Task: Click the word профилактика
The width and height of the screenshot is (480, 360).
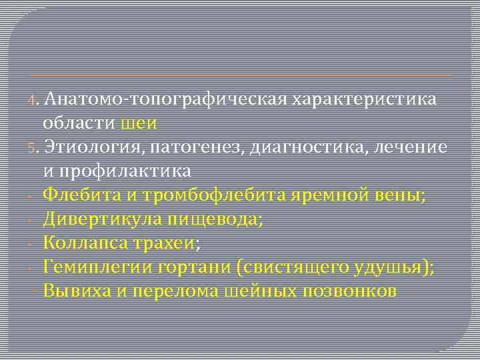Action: click(129, 170)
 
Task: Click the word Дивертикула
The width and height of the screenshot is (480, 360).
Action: click(93, 218)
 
